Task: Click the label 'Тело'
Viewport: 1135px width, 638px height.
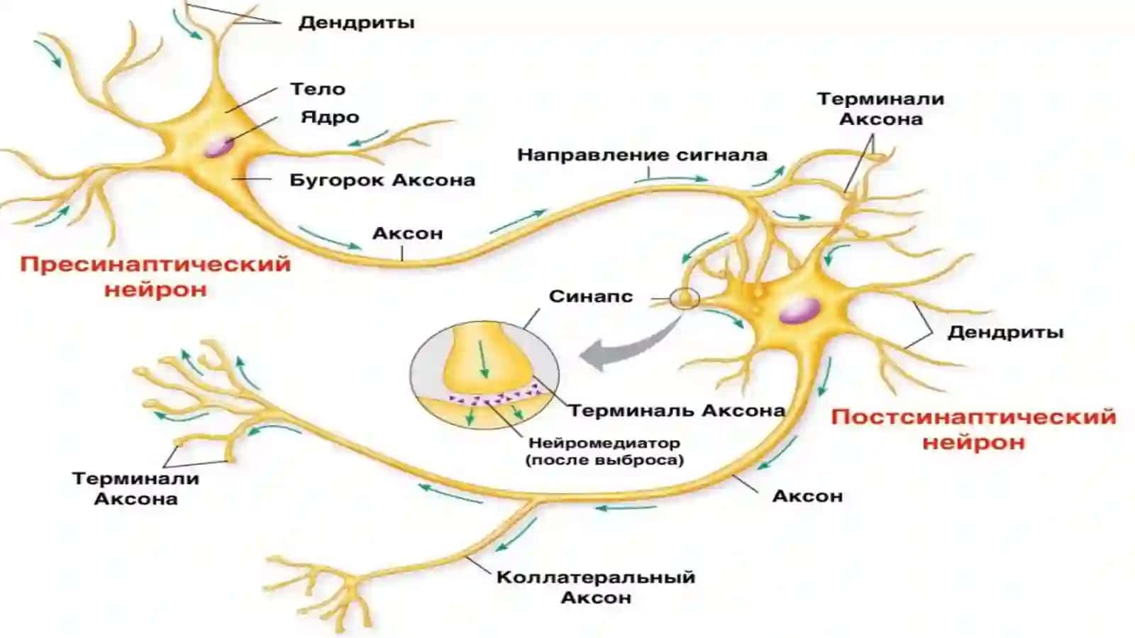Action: point(318,89)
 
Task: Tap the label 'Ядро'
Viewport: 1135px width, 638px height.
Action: point(331,118)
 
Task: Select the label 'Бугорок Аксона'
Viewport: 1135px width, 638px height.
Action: point(382,180)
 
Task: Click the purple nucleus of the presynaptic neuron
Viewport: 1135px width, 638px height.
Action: point(219,146)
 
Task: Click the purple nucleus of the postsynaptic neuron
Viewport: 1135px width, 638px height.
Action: point(799,311)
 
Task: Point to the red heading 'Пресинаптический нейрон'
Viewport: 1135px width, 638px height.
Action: point(155,277)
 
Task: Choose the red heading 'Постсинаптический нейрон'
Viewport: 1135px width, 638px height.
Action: point(974,430)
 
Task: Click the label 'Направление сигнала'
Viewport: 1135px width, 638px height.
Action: point(642,155)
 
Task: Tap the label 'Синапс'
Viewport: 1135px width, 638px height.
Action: point(591,296)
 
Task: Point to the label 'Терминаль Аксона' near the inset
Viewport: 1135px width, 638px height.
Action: point(677,410)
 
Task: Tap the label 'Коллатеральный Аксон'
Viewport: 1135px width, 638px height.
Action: point(596,588)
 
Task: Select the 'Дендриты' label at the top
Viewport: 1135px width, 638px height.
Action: point(356,23)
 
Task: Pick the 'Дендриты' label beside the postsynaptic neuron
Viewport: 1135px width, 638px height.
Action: point(1005,332)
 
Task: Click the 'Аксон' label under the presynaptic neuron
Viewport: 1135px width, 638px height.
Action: point(407,233)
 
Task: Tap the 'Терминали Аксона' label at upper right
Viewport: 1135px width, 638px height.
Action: point(880,109)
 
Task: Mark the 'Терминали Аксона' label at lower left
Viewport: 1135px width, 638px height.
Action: point(135,488)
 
